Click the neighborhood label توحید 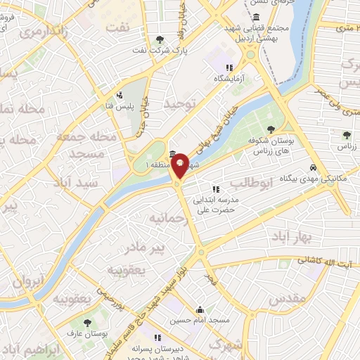[x=178, y=104]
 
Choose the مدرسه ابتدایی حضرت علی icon [x=216, y=188]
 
